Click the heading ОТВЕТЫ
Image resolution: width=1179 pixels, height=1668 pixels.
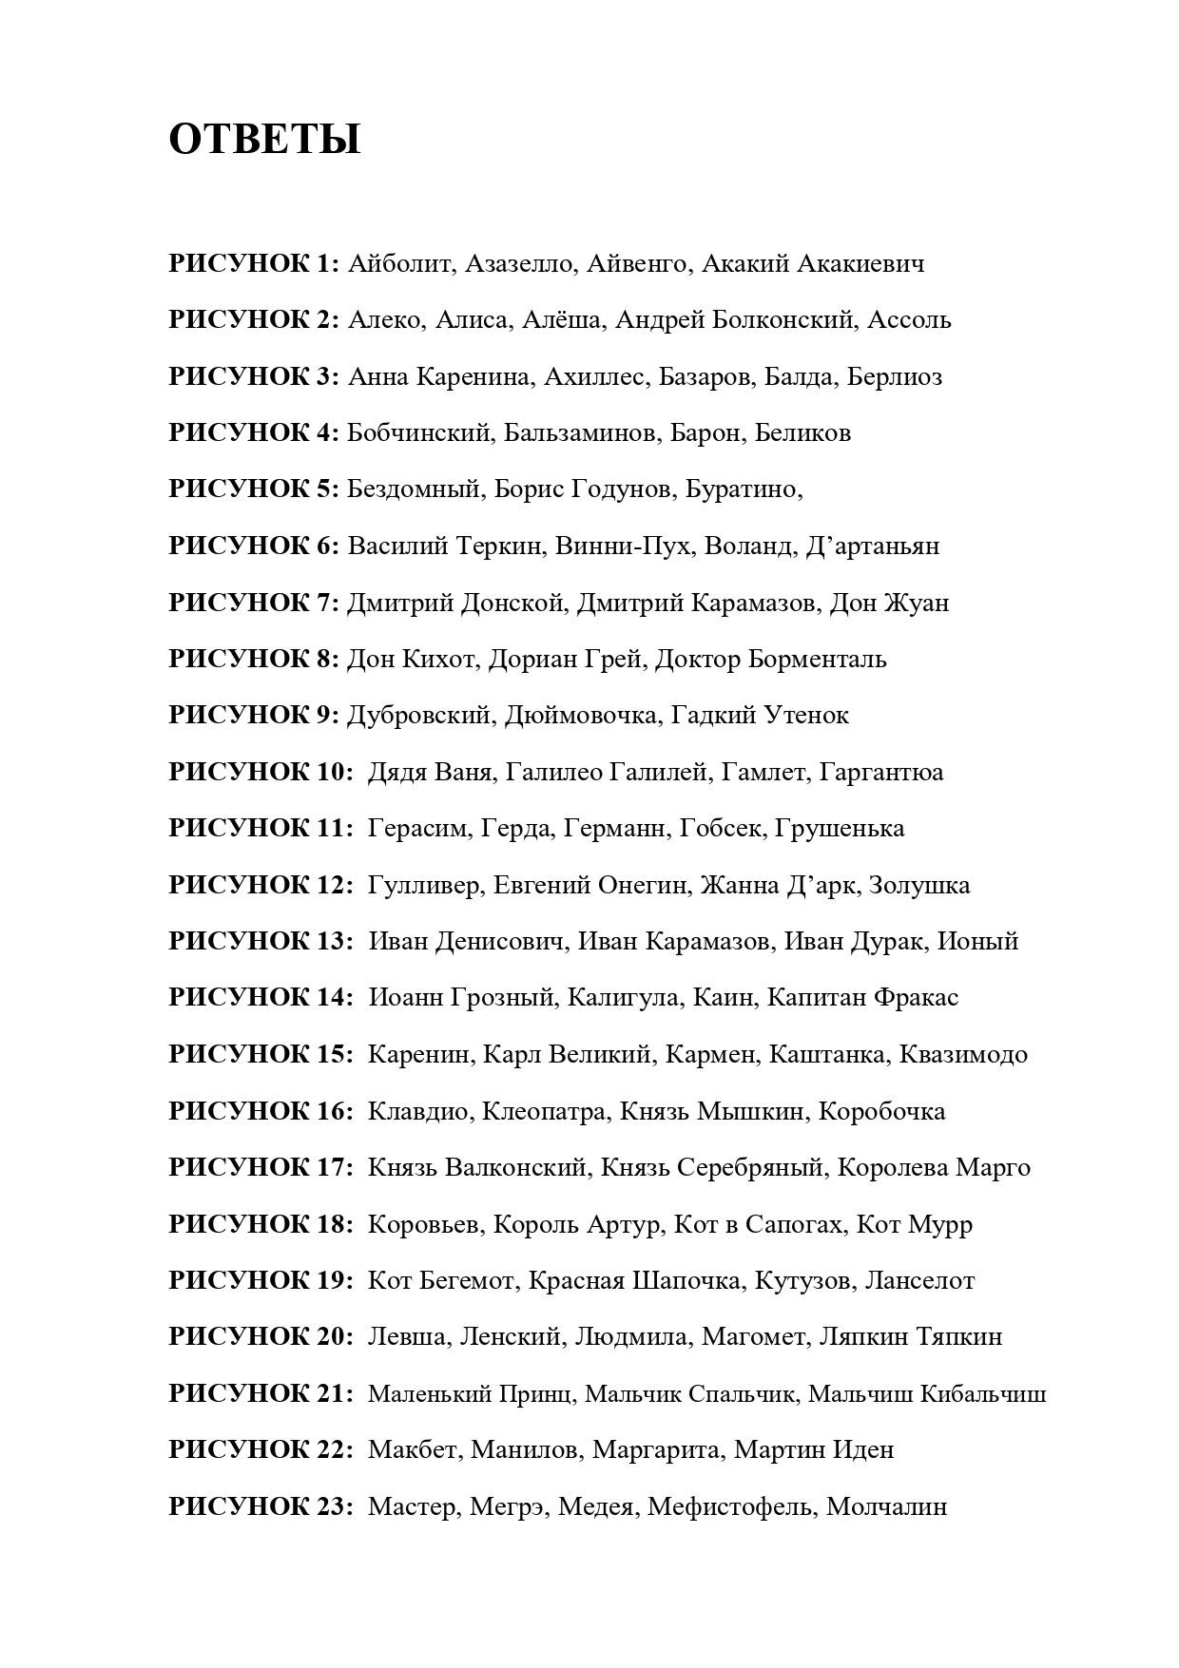[264, 140]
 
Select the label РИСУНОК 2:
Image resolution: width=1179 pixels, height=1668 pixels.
[254, 320]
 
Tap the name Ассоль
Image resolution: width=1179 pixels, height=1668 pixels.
[909, 320]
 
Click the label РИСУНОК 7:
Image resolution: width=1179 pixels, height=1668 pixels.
[254, 603]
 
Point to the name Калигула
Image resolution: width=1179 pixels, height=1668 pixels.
[623, 997]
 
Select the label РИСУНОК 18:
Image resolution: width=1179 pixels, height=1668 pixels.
[261, 1224]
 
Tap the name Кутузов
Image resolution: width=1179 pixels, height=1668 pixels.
[802, 1280]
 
